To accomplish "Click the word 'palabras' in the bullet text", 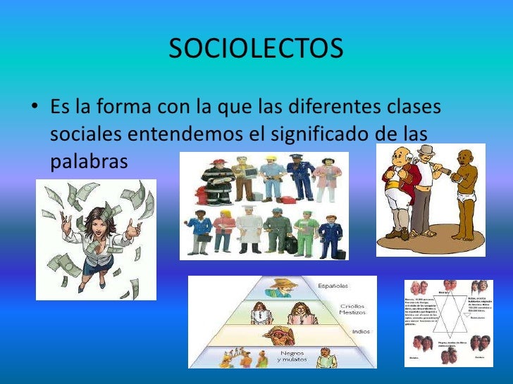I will tap(89, 160).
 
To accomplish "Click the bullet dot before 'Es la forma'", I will tap(34, 110).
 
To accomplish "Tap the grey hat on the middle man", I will tap(426, 150).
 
